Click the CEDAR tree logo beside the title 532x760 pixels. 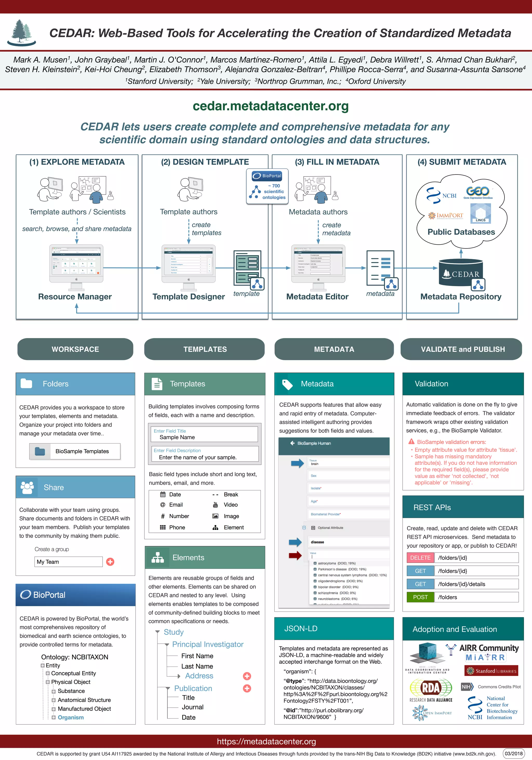click(22, 33)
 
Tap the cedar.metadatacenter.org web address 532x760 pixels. click(271, 106)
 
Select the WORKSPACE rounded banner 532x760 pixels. click(75, 349)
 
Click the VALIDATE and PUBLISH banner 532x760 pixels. click(462, 349)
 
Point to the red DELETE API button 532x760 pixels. click(420, 558)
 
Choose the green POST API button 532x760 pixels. click(420, 597)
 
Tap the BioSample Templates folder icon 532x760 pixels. click(40, 451)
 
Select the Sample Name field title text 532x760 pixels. click(177, 437)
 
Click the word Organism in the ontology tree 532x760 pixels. click(71, 717)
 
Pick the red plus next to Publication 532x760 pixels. click(247, 689)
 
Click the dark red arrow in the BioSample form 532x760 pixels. click(295, 555)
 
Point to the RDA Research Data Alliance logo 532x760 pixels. click(431, 690)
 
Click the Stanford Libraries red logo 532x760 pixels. click(491, 671)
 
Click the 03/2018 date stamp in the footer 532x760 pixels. click(514, 754)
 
